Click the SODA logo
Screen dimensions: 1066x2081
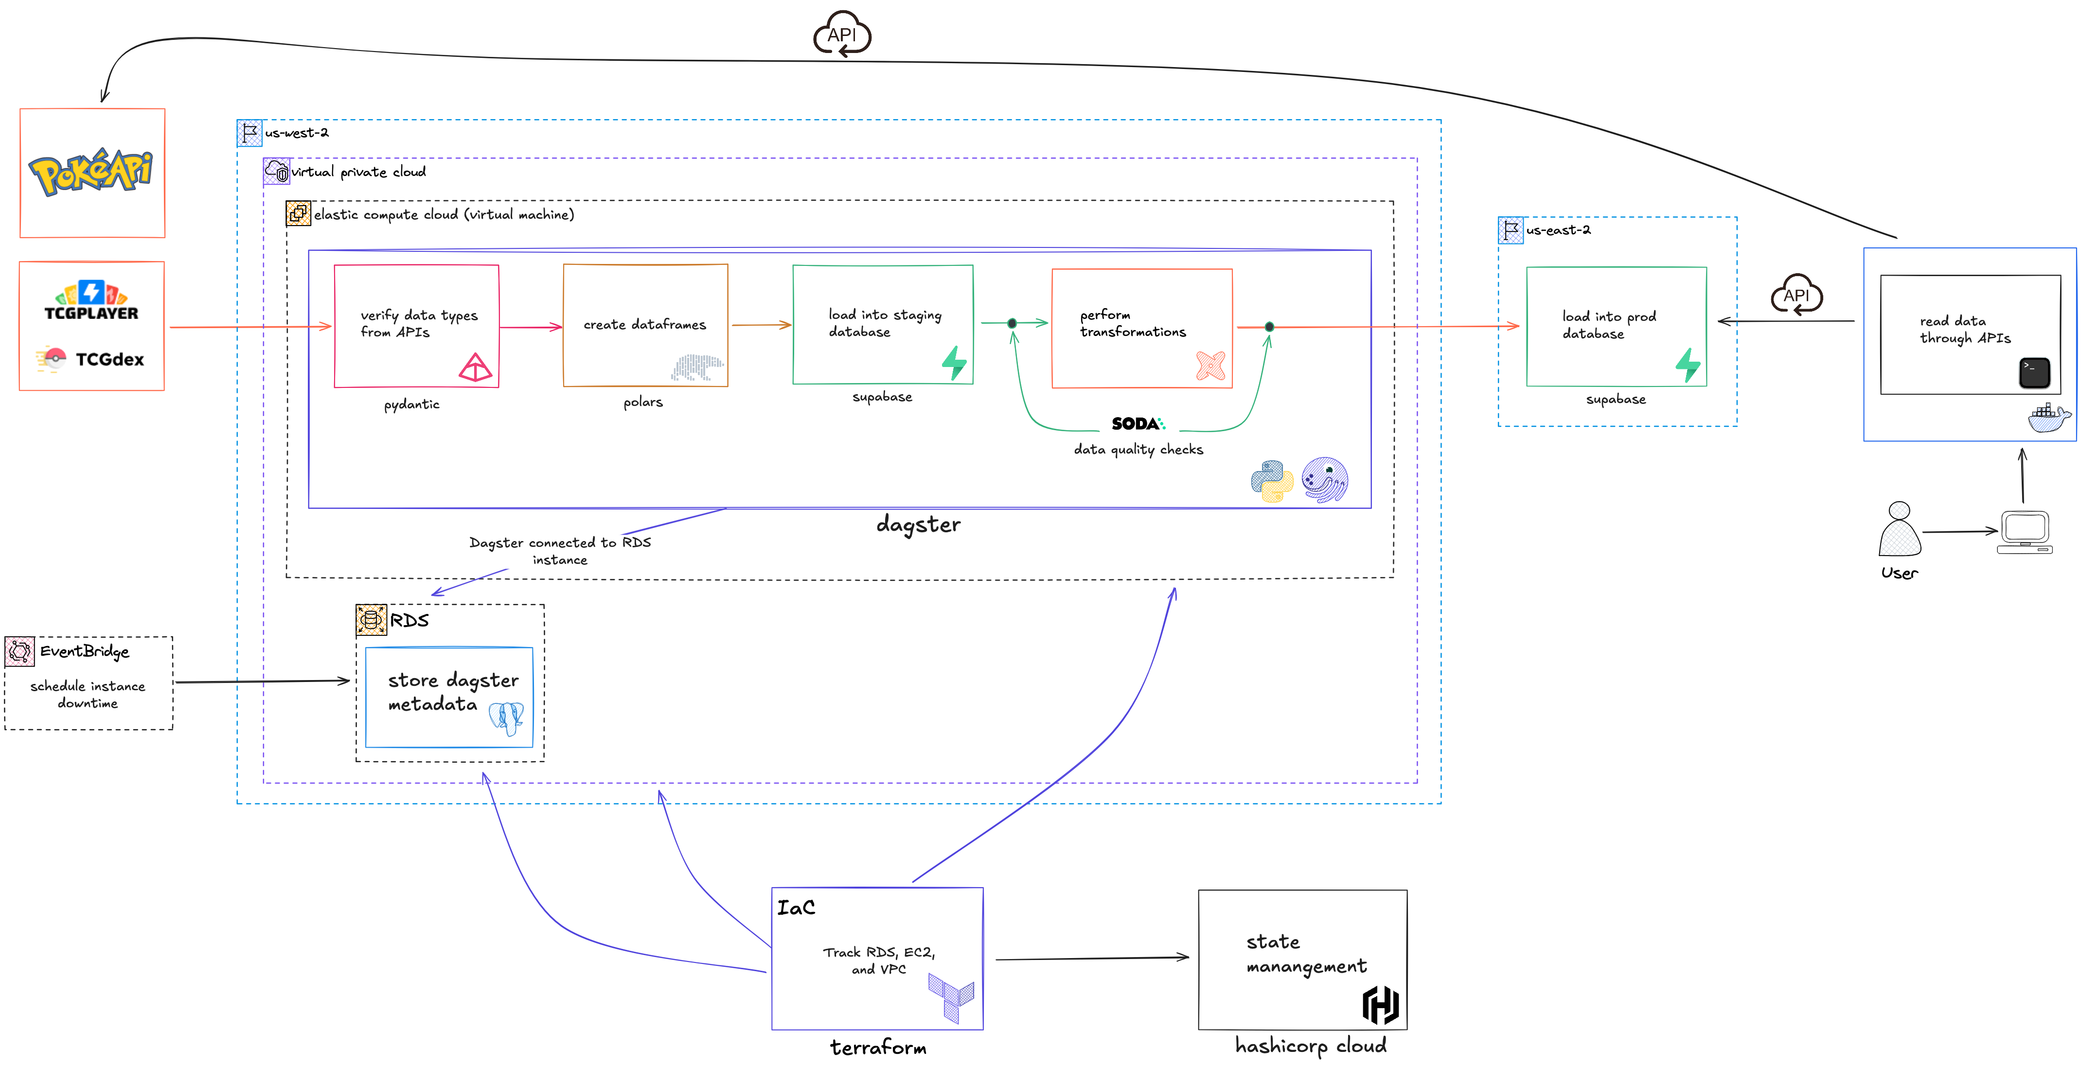click(x=1138, y=423)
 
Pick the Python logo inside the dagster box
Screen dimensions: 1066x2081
click(x=1272, y=481)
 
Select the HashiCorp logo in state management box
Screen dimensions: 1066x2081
click(x=1381, y=1005)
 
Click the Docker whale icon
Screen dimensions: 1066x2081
click(x=2048, y=418)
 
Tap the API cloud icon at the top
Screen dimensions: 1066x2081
click(x=842, y=35)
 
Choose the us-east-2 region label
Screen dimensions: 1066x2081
click(x=1558, y=230)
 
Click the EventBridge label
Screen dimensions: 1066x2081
click(x=84, y=651)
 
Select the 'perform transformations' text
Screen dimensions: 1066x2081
click(x=1133, y=323)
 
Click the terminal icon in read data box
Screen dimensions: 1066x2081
click(x=2034, y=372)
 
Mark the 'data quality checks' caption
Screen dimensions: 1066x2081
click(x=1138, y=450)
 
